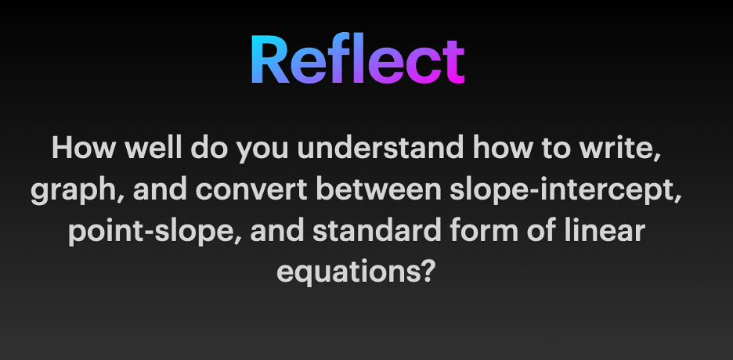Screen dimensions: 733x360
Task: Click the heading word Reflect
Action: [x=358, y=59]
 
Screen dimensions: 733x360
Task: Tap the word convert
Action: [x=251, y=190]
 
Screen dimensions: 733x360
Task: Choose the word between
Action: [x=379, y=189]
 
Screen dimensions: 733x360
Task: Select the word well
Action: [x=153, y=148]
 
